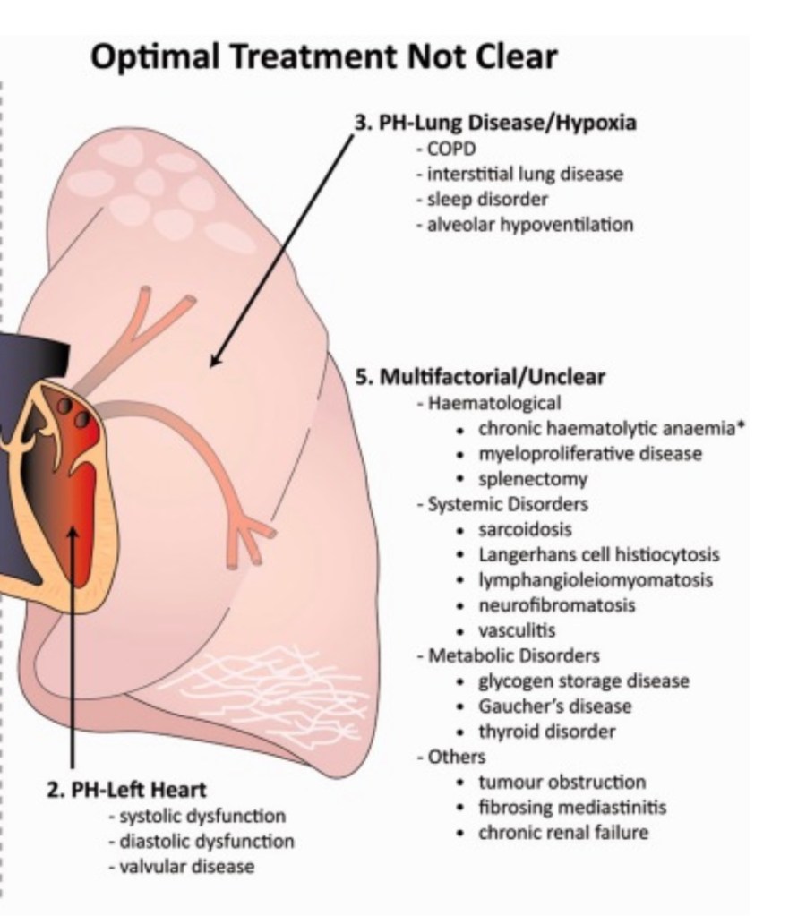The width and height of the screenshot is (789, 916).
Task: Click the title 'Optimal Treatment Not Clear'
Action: coord(324,57)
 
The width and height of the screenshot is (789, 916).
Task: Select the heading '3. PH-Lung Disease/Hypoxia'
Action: coord(496,124)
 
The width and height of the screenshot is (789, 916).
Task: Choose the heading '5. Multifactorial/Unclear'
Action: coord(480,377)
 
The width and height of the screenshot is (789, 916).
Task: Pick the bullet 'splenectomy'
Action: coord(532,478)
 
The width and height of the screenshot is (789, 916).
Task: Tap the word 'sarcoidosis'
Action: coord(525,529)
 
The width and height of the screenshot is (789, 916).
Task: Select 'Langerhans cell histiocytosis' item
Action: coord(598,554)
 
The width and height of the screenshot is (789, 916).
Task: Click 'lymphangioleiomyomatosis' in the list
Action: coord(596,579)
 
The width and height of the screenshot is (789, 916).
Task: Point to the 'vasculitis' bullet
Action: coord(517,630)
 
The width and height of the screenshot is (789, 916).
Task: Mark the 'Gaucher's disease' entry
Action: coord(554,706)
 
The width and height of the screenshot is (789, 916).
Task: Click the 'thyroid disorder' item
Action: coord(546,732)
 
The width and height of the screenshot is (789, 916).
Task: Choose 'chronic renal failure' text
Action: coord(562,833)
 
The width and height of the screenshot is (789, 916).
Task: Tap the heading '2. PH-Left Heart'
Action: coord(126,790)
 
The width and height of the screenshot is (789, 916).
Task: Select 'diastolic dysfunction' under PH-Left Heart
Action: coord(206,842)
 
